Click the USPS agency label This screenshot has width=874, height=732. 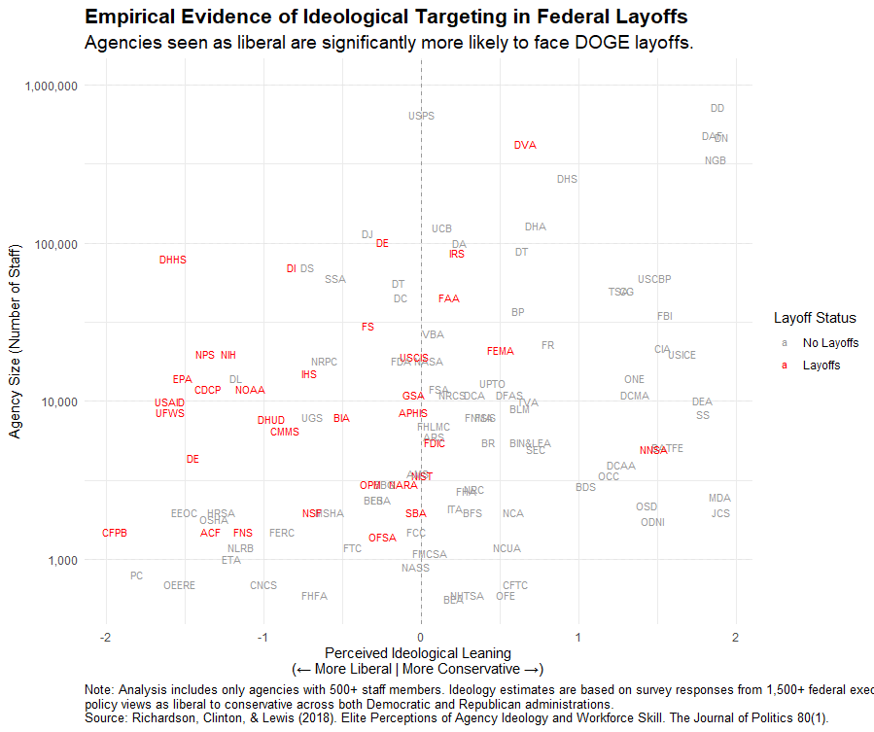click(421, 116)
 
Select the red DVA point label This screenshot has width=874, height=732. click(525, 145)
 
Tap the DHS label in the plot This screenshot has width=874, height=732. click(567, 179)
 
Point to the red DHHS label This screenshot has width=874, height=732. click(173, 260)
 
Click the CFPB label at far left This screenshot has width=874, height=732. click(115, 533)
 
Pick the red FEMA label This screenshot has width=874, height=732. click(501, 351)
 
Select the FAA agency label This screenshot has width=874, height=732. click(449, 298)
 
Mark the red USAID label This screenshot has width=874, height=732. click(169, 402)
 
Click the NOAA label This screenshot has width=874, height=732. click(250, 390)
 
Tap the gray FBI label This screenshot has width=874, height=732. click(665, 316)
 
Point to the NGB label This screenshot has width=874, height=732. click(716, 160)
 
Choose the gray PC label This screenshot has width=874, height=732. click(136, 575)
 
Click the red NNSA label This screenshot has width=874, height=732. click(653, 450)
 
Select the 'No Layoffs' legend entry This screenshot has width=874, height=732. click(830, 343)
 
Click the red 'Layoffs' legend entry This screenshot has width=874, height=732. click(821, 366)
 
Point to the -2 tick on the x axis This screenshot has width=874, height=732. click(105, 637)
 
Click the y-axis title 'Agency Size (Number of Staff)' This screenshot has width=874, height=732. click(17, 341)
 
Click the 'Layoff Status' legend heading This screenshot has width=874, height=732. click(815, 318)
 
